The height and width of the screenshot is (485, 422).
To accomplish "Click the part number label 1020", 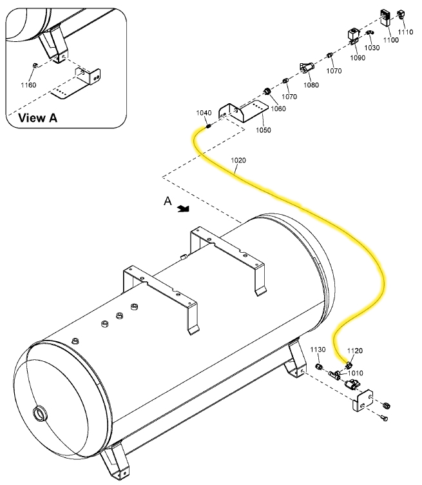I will tap(237, 160).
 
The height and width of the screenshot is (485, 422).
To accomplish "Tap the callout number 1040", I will tap(204, 113).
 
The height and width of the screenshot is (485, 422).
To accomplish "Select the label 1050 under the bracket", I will tap(263, 130).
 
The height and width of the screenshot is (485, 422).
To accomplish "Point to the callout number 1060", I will tap(278, 109).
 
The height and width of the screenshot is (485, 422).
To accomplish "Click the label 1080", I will tap(311, 84).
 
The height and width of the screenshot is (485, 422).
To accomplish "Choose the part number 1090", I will tap(357, 58).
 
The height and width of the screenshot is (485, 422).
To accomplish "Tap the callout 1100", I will tap(391, 40).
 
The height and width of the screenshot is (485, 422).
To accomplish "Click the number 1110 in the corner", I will tap(405, 32).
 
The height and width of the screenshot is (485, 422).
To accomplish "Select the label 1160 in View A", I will tap(28, 85).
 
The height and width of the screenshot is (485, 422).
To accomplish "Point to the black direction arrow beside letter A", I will tap(184, 208).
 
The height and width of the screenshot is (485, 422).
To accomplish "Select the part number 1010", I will tap(355, 373).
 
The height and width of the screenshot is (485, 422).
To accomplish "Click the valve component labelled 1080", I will tap(306, 66).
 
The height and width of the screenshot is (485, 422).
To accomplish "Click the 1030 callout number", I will tap(372, 48).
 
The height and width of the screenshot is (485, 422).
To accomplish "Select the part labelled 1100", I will tap(387, 18).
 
